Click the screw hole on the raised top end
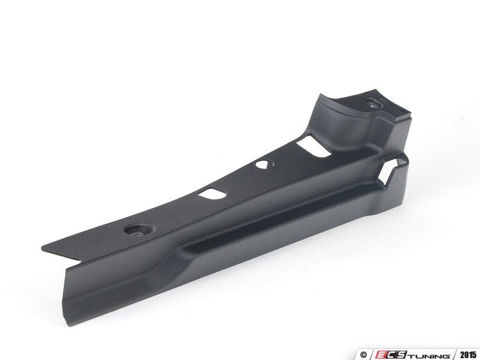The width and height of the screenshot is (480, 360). tap(373, 103)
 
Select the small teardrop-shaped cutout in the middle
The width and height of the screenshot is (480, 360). tap(263, 164)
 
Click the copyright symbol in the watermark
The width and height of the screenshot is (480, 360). tap(364, 355)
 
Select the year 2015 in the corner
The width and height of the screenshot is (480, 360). tap(468, 355)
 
